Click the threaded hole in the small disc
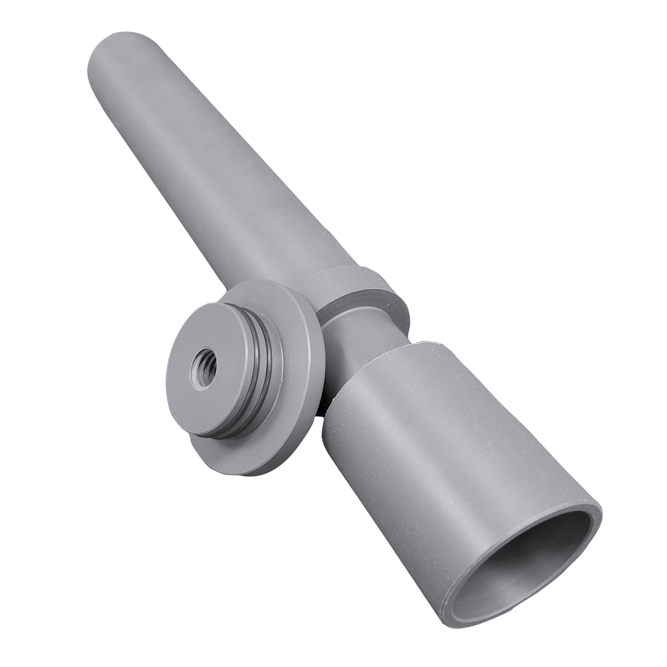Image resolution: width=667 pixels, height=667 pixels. pos(203,368)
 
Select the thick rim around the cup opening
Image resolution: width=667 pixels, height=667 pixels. pos(594,527)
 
